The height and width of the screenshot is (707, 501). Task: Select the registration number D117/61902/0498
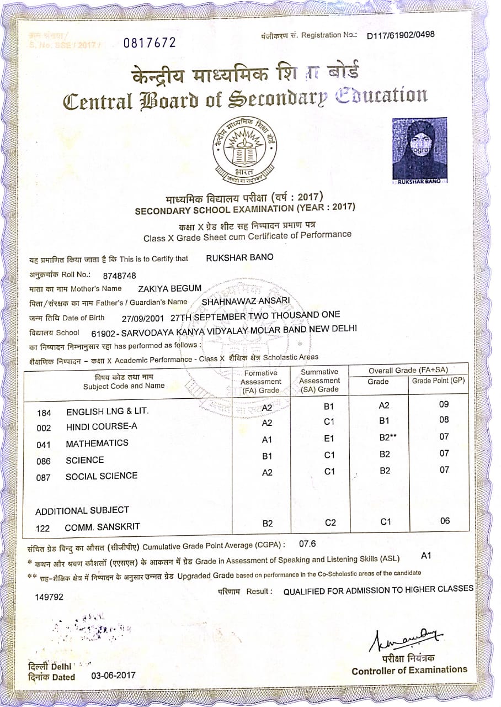point(401,35)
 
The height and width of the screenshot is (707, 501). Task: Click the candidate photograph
point(420,150)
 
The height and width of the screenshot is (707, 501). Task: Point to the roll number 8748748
point(120,275)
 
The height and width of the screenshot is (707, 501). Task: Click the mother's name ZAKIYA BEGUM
point(170,288)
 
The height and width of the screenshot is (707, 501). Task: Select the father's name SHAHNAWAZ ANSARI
point(246,301)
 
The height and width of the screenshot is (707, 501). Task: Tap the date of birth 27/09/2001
point(143,318)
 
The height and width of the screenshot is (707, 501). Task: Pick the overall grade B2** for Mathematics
point(388,437)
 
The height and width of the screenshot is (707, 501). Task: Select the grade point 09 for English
point(444,404)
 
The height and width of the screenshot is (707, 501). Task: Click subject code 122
point(43,529)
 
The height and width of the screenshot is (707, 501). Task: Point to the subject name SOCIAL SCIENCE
point(102,476)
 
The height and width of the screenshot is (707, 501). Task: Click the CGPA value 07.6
point(307,543)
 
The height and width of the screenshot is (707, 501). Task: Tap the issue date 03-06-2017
point(113,676)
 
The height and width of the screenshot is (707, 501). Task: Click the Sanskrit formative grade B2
point(268,523)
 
